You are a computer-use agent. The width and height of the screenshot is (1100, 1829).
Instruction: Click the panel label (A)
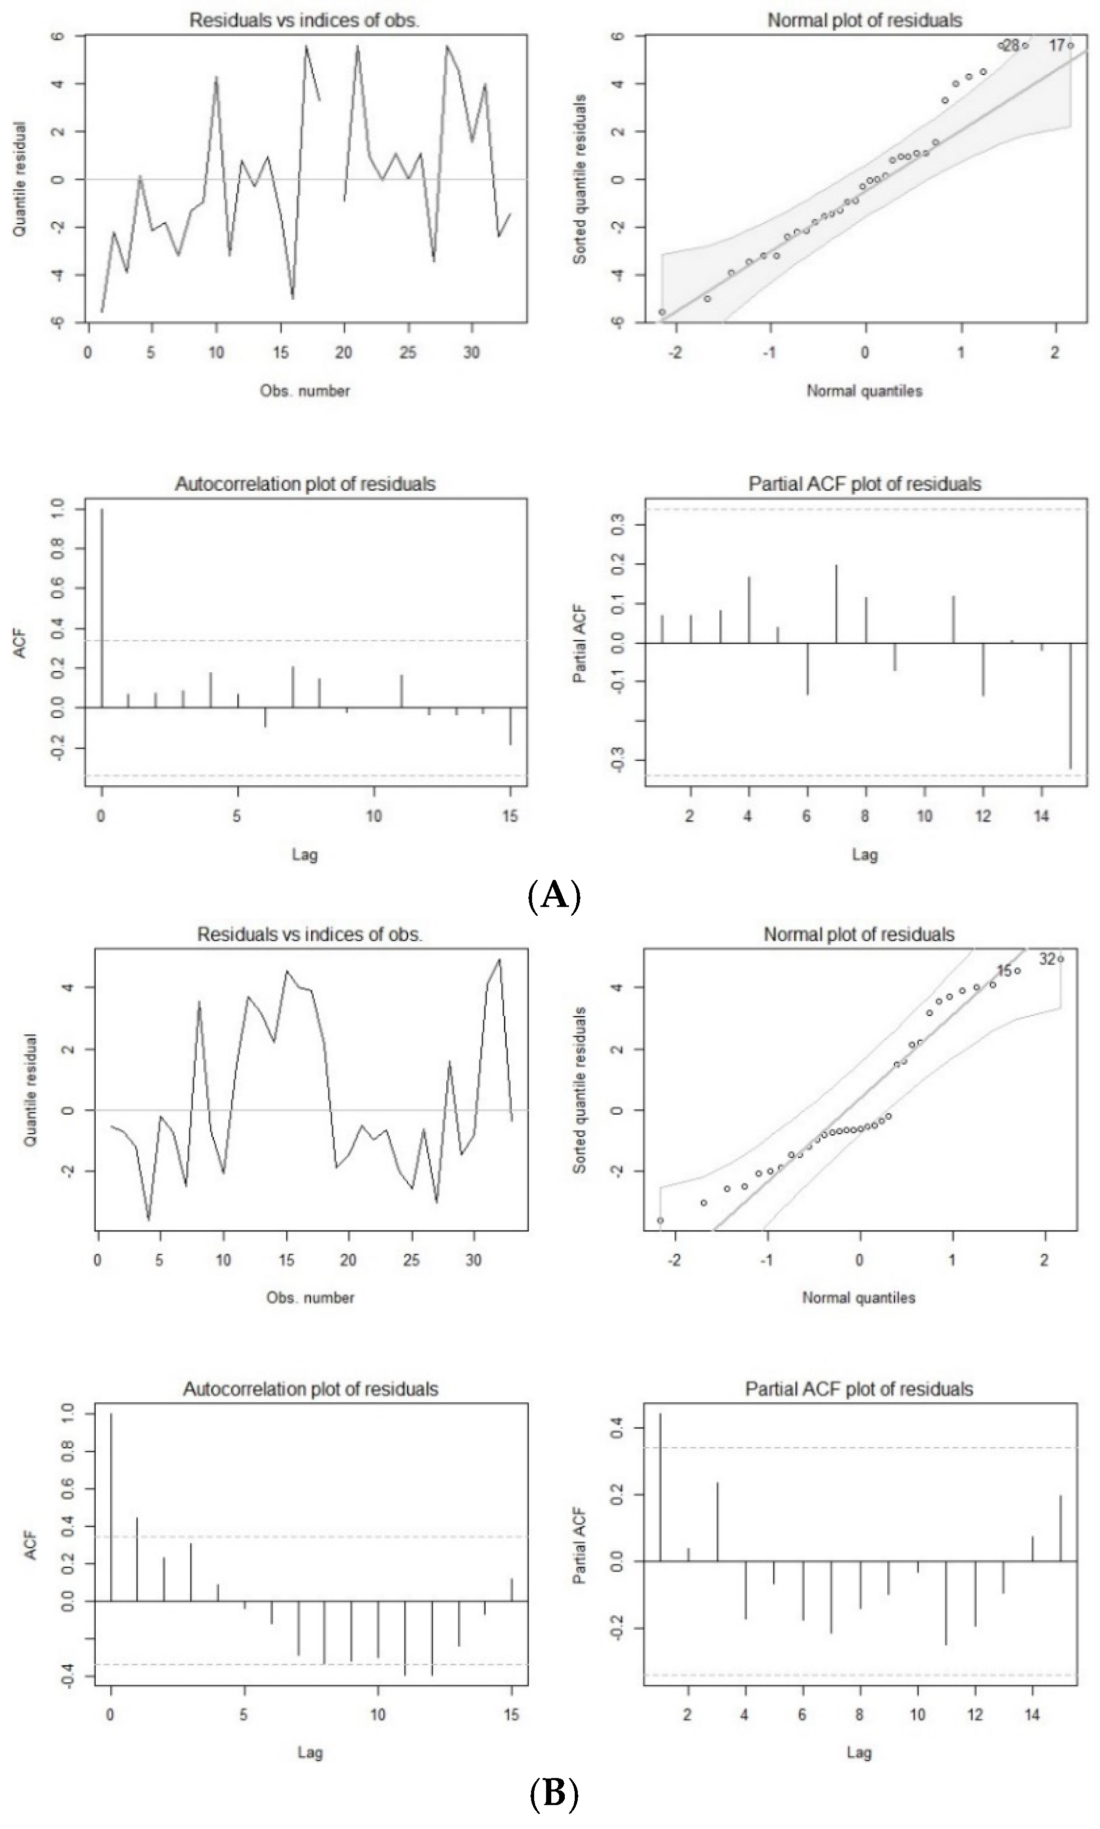pyautogui.click(x=554, y=896)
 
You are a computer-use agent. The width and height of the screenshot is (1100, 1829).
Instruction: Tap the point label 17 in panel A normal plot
pyautogui.click(x=1056, y=45)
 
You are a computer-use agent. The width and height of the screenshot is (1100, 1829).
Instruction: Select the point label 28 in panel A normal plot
pyautogui.click(x=1011, y=45)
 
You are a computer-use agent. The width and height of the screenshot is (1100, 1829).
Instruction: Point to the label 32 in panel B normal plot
pyautogui.click(x=1046, y=960)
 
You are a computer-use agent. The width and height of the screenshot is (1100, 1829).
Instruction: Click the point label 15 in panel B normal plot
pyautogui.click(x=1004, y=970)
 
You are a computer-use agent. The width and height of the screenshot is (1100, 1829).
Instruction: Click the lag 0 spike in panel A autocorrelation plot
pyautogui.click(x=101, y=608)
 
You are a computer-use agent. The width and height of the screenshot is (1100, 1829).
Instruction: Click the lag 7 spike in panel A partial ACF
pyautogui.click(x=836, y=604)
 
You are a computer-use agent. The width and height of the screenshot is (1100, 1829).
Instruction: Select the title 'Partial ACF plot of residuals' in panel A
pyautogui.click(x=864, y=484)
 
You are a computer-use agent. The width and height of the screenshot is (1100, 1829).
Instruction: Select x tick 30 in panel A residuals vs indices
pyautogui.click(x=471, y=353)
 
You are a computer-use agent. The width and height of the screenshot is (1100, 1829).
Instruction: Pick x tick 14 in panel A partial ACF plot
pyautogui.click(x=1041, y=816)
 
